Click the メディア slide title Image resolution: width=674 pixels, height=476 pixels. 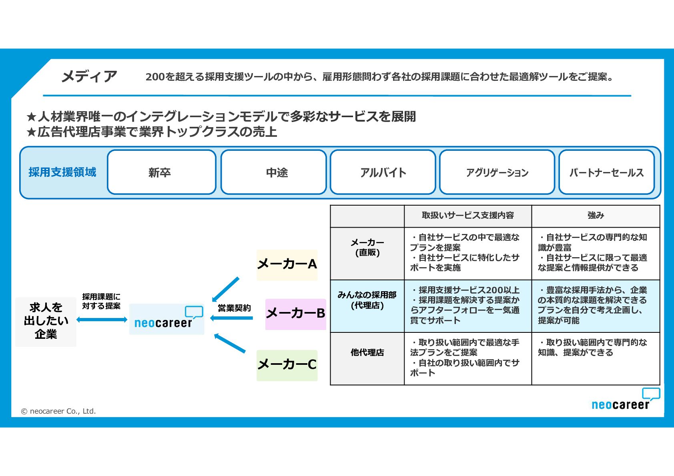(89, 76)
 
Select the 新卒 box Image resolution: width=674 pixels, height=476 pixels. (161, 172)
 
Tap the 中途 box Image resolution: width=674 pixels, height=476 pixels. (273, 172)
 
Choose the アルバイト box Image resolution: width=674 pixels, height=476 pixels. (383, 172)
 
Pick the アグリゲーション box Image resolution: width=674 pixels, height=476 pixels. (497, 172)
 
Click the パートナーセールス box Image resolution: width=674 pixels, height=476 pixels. (606, 172)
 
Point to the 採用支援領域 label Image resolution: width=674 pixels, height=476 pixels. (62, 172)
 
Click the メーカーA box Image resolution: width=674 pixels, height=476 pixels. (287, 264)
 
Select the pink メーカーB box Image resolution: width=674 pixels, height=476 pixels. (295, 314)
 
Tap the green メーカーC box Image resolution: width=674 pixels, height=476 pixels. (287, 365)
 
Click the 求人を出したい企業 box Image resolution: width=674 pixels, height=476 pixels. (46, 321)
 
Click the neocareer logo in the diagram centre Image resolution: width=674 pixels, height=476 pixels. (166, 319)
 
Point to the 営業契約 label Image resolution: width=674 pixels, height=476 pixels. (234, 308)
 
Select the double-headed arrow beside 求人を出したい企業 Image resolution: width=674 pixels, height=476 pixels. (102, 319)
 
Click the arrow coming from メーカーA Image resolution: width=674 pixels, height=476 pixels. (226, 289)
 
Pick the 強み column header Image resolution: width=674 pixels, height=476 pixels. (596, 216)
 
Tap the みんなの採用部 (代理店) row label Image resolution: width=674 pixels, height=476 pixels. (367, 300)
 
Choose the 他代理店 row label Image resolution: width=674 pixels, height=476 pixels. (367, 352)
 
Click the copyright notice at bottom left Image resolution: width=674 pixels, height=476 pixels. (58, 411)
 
